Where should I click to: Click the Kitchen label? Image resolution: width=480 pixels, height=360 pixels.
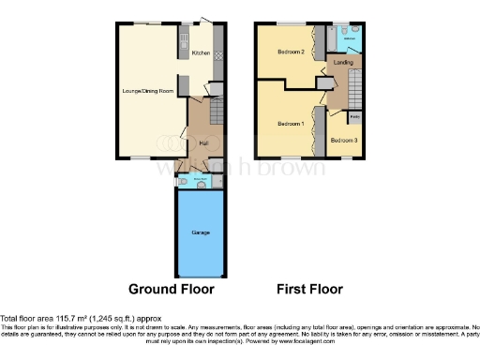[x=201, y=53]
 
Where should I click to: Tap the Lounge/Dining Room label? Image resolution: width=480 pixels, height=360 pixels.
[x=148, y=91]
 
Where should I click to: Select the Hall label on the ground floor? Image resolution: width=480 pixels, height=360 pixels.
[x=203, y=142]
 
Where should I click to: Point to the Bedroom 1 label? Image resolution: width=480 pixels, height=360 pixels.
[x=291, y=124]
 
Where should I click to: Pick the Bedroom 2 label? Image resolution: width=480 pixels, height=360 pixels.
[x=291, y=52]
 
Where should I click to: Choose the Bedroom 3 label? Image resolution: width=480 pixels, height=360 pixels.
[x=344, y=141]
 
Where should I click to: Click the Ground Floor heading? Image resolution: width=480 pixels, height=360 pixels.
[x=172, y=289]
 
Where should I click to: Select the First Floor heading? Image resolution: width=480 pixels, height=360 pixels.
[x=310, y=289]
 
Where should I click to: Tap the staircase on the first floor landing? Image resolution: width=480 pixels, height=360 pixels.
[x=356, y=92]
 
